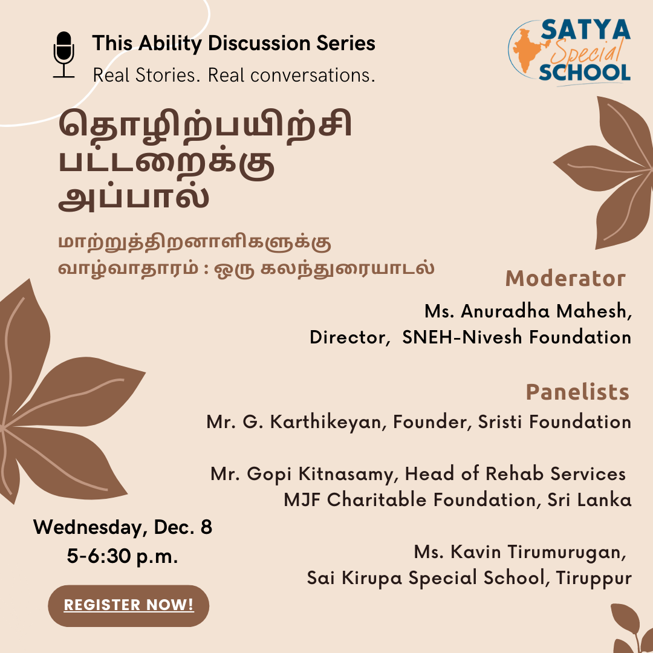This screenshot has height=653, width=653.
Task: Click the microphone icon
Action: (x=63, y=54)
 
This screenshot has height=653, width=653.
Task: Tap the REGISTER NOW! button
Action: (x=128, y=605)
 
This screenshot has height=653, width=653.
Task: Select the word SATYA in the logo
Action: (x=585, y=30)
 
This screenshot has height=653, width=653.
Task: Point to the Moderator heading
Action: (x=565, y=279)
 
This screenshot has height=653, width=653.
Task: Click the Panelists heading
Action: (x=577, y=392)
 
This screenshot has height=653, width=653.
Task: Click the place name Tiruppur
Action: (x=594, y=579)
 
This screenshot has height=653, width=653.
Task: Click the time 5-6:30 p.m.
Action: (x=122, y=556)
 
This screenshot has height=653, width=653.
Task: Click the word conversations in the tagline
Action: (x=313, y=76)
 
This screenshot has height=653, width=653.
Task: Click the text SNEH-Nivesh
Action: (x=462, y=337)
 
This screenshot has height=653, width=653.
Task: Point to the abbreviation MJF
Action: (x=302, y=500)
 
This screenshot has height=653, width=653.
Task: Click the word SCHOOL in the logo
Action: (x=585, y=73)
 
